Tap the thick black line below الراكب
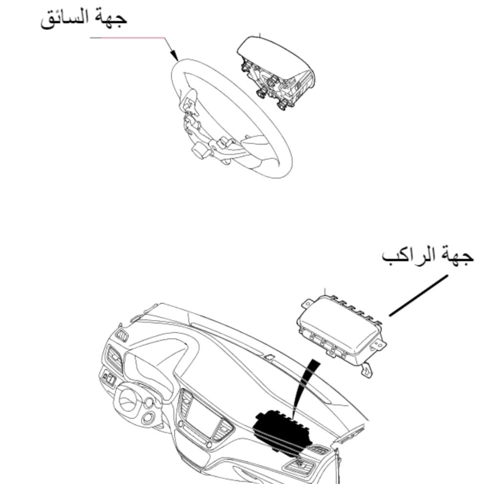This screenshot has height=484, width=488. (x=418, y=295)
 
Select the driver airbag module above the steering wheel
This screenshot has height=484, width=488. (x=275, y=72)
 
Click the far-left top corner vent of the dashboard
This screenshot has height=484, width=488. (x=122, y=335)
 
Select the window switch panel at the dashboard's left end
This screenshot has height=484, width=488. (x=109, y=378)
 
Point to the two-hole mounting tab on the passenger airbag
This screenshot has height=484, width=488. (x=379, y=344)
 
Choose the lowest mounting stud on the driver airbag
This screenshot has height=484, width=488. (x=283, y=105)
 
